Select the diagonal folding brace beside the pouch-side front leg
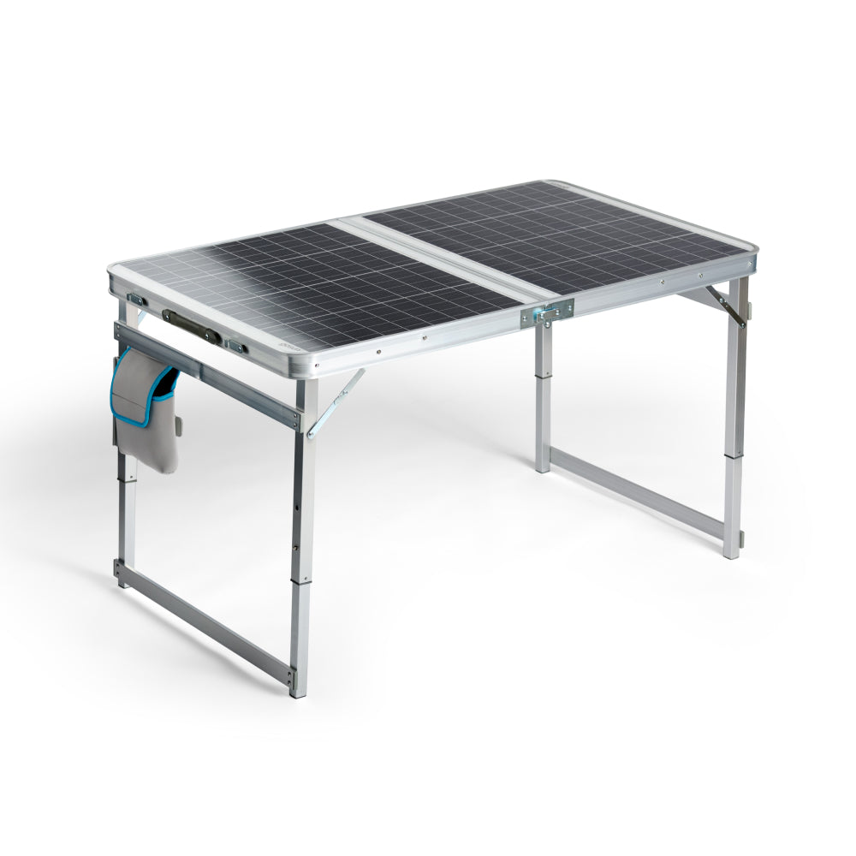click(x=336, y=402)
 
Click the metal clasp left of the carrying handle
click(x=137, y=300)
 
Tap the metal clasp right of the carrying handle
click(x=235, y=347)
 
